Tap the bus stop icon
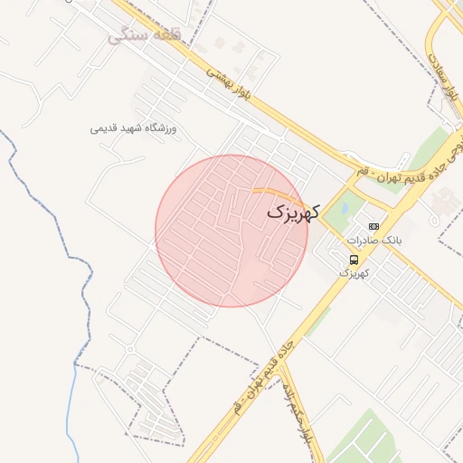[353, 260]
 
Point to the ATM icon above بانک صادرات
[373, 226]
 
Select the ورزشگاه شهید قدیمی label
[134, 128]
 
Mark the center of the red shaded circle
[231, 231]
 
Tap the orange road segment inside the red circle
[277, 192]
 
